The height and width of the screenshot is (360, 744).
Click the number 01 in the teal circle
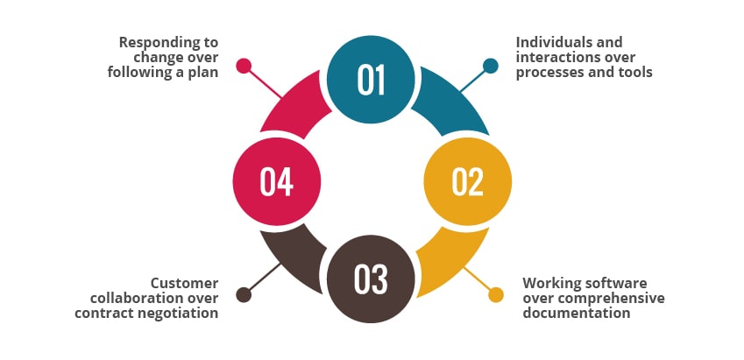click(372, 80)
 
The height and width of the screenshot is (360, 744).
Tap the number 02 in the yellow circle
click(467, 181)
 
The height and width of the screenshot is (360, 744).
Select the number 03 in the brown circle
click(371, 279)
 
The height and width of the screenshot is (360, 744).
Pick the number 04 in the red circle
click(276, 181)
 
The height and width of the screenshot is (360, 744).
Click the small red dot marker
click(244, 65)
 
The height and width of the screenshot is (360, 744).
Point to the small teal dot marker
click(491, 65)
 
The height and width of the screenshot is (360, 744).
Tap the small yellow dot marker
click(496, 294)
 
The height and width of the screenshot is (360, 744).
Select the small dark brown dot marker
click(244, 295)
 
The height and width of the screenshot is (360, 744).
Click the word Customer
click(184, 283)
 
